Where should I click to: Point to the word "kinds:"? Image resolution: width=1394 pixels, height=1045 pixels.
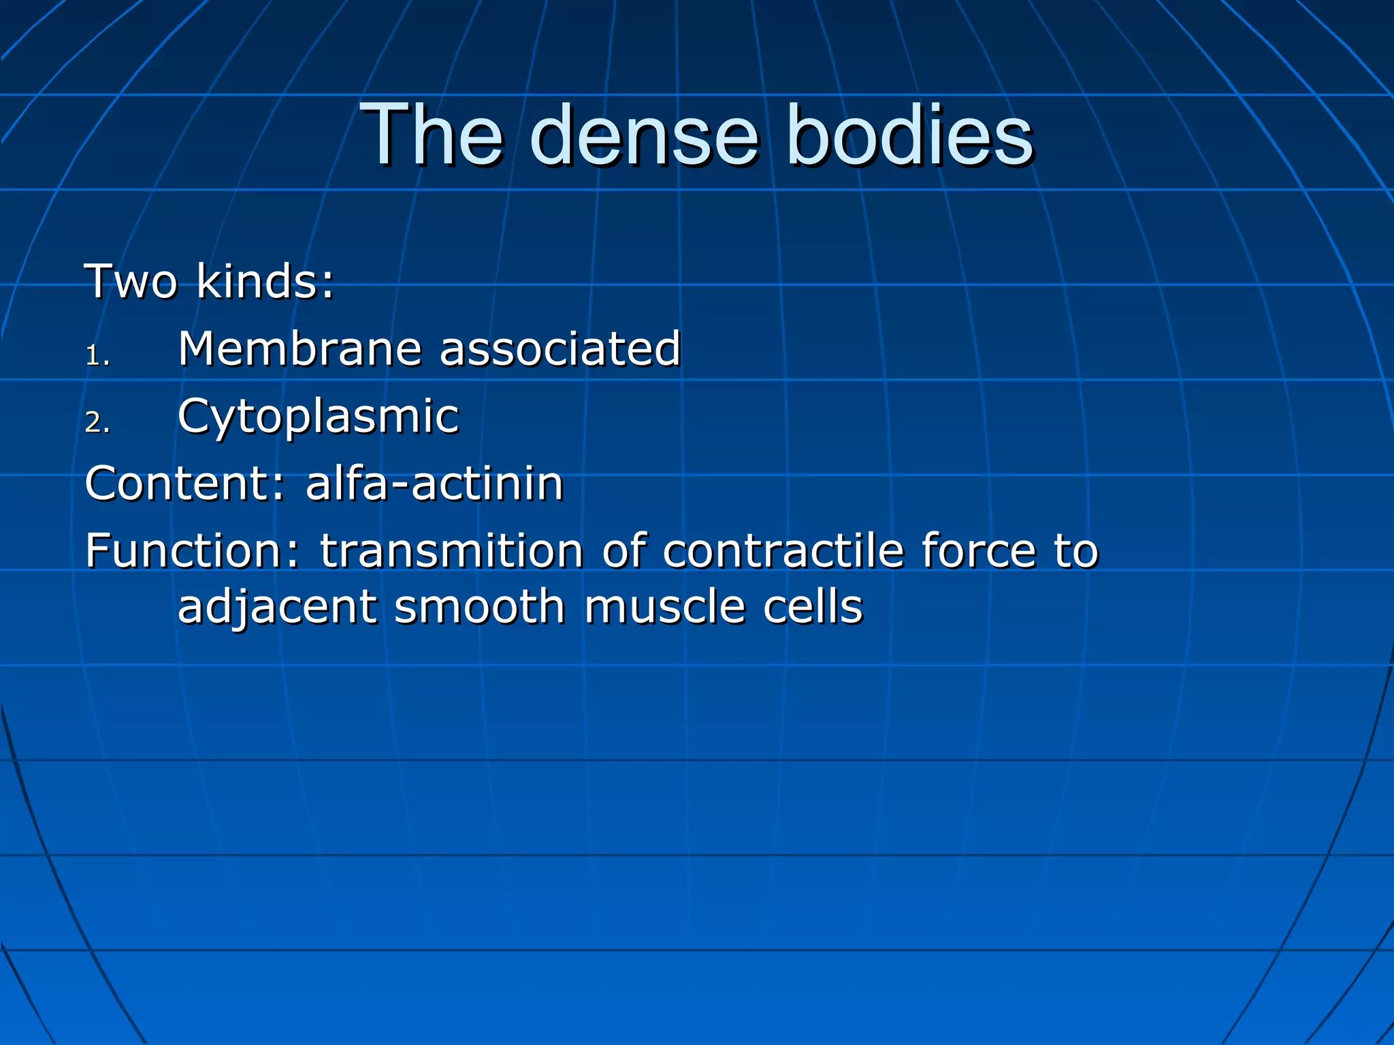265,282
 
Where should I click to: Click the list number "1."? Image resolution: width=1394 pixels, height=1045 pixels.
97,356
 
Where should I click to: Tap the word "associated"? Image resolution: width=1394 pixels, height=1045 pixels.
560,349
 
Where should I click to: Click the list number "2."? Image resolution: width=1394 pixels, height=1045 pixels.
97,423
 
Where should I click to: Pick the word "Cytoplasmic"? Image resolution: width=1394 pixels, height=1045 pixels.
319,416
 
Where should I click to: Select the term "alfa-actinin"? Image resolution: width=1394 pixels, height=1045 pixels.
434,484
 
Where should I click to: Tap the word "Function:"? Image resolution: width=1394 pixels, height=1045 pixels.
193,551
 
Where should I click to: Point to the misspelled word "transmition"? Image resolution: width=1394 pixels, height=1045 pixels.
451,551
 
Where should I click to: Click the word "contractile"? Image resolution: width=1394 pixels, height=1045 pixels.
783,551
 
